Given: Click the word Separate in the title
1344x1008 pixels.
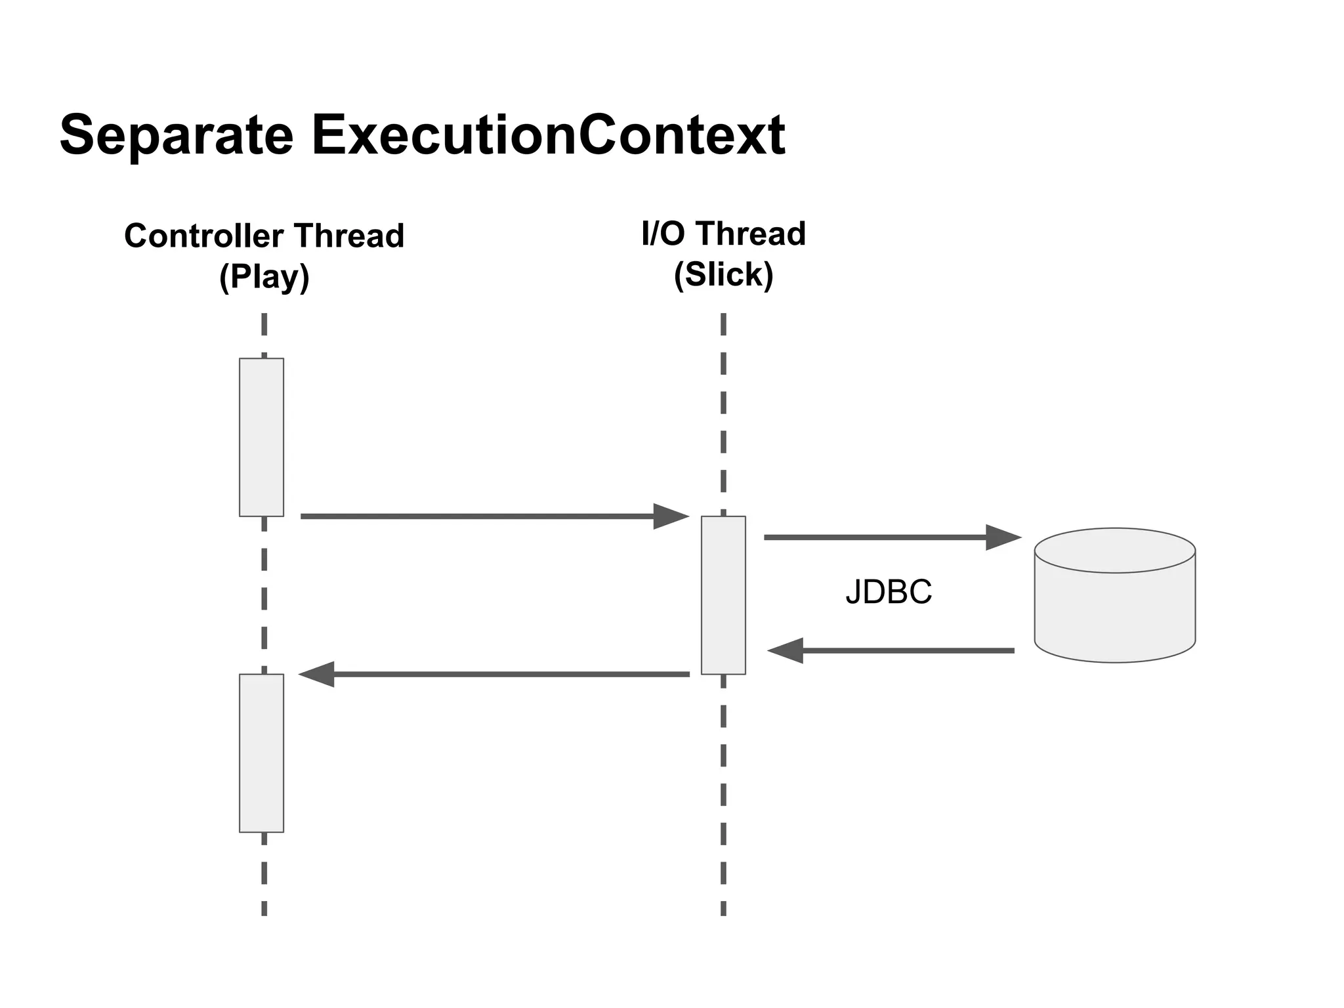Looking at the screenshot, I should [176, 135].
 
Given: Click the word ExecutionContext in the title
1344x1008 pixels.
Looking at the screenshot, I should [548, 135].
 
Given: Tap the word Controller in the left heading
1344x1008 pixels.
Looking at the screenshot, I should [203, 236].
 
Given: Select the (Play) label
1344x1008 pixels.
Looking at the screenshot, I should [264, 276].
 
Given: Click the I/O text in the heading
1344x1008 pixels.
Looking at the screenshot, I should [663, 234].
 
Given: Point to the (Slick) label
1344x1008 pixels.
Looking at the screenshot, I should [723, 274].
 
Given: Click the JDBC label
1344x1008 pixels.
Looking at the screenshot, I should [889, 592].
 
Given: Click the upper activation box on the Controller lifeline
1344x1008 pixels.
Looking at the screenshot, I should [261, 437].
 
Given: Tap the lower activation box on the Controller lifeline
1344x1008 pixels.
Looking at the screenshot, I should [261, 753].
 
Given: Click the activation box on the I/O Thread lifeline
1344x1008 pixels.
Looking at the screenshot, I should [723, 595].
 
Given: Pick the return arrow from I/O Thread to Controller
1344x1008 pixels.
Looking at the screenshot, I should [499, 674].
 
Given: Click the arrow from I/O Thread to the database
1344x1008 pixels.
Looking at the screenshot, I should [879, 537].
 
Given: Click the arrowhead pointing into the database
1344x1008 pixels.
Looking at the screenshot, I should [1003, 537].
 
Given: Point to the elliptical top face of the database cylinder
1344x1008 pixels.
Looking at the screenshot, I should [1114, 551].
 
